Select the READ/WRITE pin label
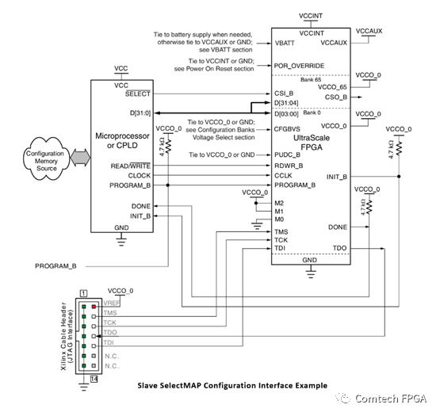[132, 166]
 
